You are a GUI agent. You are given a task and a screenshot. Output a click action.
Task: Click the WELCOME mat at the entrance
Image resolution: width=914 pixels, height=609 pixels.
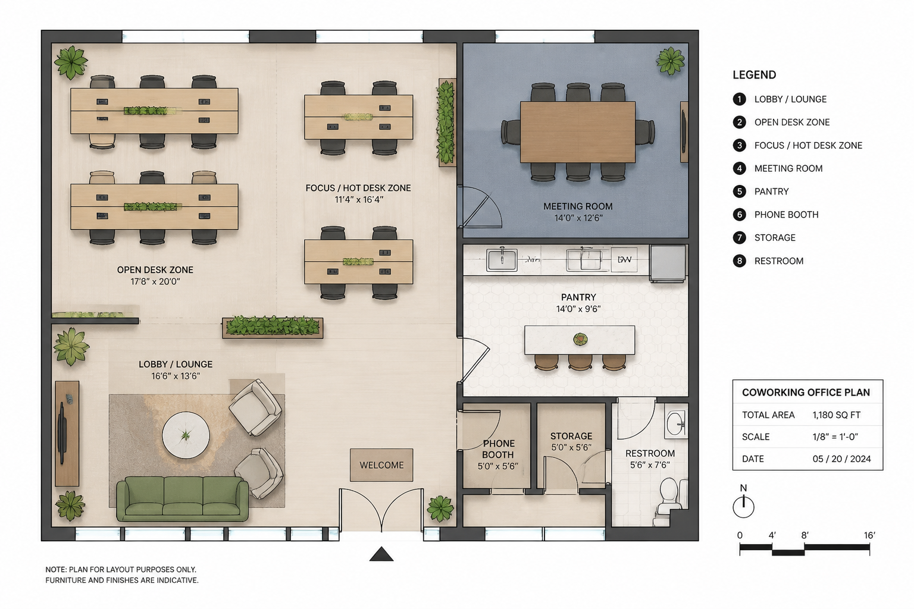(381, 465)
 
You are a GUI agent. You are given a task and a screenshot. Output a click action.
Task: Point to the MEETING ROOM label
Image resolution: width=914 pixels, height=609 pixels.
(578, 206)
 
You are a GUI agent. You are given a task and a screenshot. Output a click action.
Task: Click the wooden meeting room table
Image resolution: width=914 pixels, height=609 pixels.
(578, 132)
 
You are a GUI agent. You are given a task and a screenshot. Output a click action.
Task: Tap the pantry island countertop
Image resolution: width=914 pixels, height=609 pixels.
(580, 340)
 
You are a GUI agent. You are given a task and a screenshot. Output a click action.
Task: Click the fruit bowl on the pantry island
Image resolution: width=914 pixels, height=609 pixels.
(580, 338)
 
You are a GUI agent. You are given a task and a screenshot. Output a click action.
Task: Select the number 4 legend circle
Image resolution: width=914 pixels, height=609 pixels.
(739, 168)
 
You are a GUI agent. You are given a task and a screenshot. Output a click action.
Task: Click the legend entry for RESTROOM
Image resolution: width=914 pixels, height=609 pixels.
(778, 261)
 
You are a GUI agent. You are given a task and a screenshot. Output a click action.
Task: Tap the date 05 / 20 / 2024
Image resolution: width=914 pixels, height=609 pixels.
(841, 459)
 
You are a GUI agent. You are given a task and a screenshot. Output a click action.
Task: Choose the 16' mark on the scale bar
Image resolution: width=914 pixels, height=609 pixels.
(869, 535)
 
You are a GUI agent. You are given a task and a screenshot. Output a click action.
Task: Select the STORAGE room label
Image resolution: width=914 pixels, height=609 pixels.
(571, 436)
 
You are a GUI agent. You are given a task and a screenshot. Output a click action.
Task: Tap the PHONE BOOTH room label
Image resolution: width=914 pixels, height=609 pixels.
(498, 449)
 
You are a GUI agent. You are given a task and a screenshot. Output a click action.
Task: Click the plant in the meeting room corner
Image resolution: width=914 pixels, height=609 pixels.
(670, 61)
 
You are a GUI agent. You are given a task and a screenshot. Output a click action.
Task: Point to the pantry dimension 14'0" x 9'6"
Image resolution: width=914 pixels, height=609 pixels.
(578, 309)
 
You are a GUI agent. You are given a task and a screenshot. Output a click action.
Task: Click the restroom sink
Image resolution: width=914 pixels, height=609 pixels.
(676, 422)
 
